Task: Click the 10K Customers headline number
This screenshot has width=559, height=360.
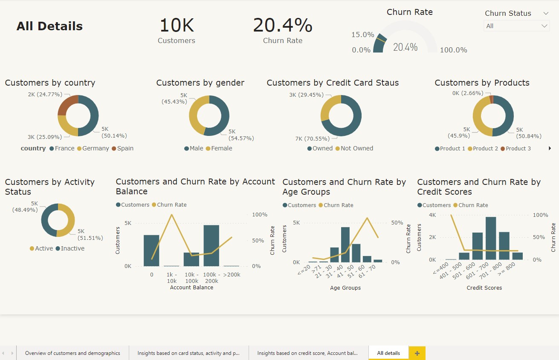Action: (177, 26)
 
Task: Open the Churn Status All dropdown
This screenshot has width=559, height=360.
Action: (516, 26)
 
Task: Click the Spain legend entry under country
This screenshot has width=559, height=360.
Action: (122, 148)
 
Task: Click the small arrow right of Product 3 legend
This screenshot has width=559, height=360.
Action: (550, 148)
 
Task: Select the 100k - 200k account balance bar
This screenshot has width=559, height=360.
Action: (211, 245)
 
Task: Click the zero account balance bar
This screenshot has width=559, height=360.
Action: (151, 251)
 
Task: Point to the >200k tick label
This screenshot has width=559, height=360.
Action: (232, 275)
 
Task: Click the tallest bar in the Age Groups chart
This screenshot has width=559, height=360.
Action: (345, 245)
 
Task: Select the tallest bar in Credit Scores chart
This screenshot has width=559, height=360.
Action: (491, 238)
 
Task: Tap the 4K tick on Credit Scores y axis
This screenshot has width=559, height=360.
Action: (432, 215)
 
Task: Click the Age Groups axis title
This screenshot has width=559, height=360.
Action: (345, 288)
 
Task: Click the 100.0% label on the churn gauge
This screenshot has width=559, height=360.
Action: (453, 50)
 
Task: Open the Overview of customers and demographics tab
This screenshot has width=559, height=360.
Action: (72, 353)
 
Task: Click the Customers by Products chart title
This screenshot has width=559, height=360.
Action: (482, 83)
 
